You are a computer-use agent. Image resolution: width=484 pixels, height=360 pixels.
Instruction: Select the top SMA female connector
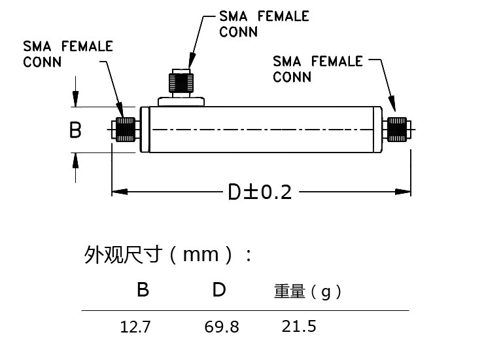(x=181, y=81)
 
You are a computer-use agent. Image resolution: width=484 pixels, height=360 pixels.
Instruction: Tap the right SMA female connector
(x=396, y=130)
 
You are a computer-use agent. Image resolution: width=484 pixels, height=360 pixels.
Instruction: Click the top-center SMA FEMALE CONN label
(x=264, y=24)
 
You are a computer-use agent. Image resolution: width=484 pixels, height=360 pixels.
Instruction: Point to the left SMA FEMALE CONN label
(x=68, y=54)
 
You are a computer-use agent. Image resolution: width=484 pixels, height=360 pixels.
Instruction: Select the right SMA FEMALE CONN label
(x=318, y=69)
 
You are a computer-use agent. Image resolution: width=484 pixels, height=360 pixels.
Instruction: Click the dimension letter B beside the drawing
(x=76, y=130)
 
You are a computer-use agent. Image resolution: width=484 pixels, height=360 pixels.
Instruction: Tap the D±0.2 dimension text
(x=259, y=192)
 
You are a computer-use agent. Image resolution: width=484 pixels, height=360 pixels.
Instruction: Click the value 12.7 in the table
(x=135, y=326)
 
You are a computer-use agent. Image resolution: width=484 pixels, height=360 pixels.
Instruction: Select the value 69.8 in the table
(x=222, y=326)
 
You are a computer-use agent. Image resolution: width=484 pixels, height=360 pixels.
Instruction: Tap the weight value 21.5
(x=299, y=325)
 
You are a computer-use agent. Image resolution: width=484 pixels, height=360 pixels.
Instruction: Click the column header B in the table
(x=143, y=289)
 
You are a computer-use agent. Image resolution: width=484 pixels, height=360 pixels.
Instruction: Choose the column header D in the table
(x=219, y=289)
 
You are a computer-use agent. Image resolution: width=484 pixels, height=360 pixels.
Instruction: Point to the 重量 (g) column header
(x=307, y=291)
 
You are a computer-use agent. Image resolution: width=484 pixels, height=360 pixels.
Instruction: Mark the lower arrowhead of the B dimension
(x=76, y=159)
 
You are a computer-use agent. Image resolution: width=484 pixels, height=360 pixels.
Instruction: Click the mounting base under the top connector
(x=181, y=100)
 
